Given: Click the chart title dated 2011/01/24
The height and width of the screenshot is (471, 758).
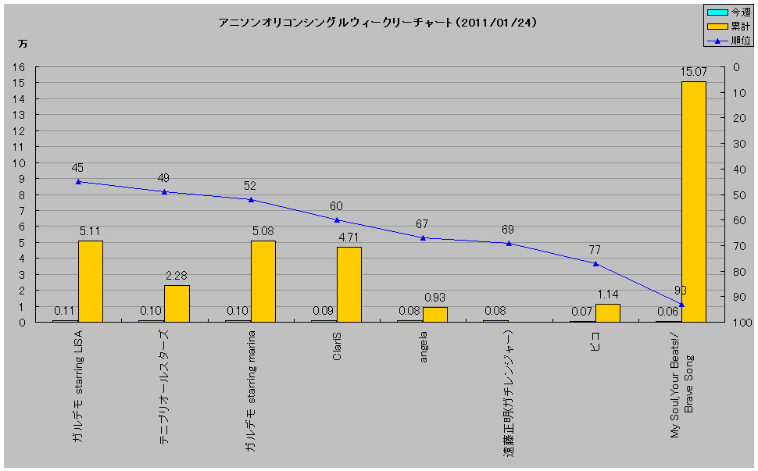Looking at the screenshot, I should click(x=377, y=23).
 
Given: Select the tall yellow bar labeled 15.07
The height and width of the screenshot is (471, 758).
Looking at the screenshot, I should click(x=693, y=202).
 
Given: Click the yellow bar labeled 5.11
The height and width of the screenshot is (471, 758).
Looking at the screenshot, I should click(x=91, y=281).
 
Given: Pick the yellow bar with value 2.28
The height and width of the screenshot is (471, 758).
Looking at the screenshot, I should click(x=177, y=303).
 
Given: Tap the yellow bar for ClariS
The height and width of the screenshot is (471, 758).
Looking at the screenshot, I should click(x=349, y=284).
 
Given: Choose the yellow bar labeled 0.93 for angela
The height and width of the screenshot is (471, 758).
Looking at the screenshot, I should click(x=435, y=314).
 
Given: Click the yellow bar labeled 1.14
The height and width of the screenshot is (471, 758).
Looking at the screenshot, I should click(x=607, y=312).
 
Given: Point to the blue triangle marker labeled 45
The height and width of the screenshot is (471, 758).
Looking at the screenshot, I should click(x=78, y=181).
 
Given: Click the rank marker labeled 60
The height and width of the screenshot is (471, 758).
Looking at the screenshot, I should click(x=337, y=219).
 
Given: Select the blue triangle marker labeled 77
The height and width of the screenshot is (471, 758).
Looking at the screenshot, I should click(x=595, y=263).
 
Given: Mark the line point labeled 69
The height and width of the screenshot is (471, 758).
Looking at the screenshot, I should click(x=509, y=243).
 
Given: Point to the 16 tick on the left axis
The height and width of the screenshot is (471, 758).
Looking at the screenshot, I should click(x=20, y=67).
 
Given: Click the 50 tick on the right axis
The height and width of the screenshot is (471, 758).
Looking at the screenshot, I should click(x=738, y=194).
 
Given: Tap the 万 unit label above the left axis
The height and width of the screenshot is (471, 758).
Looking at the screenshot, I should click(x=23, y=44).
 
